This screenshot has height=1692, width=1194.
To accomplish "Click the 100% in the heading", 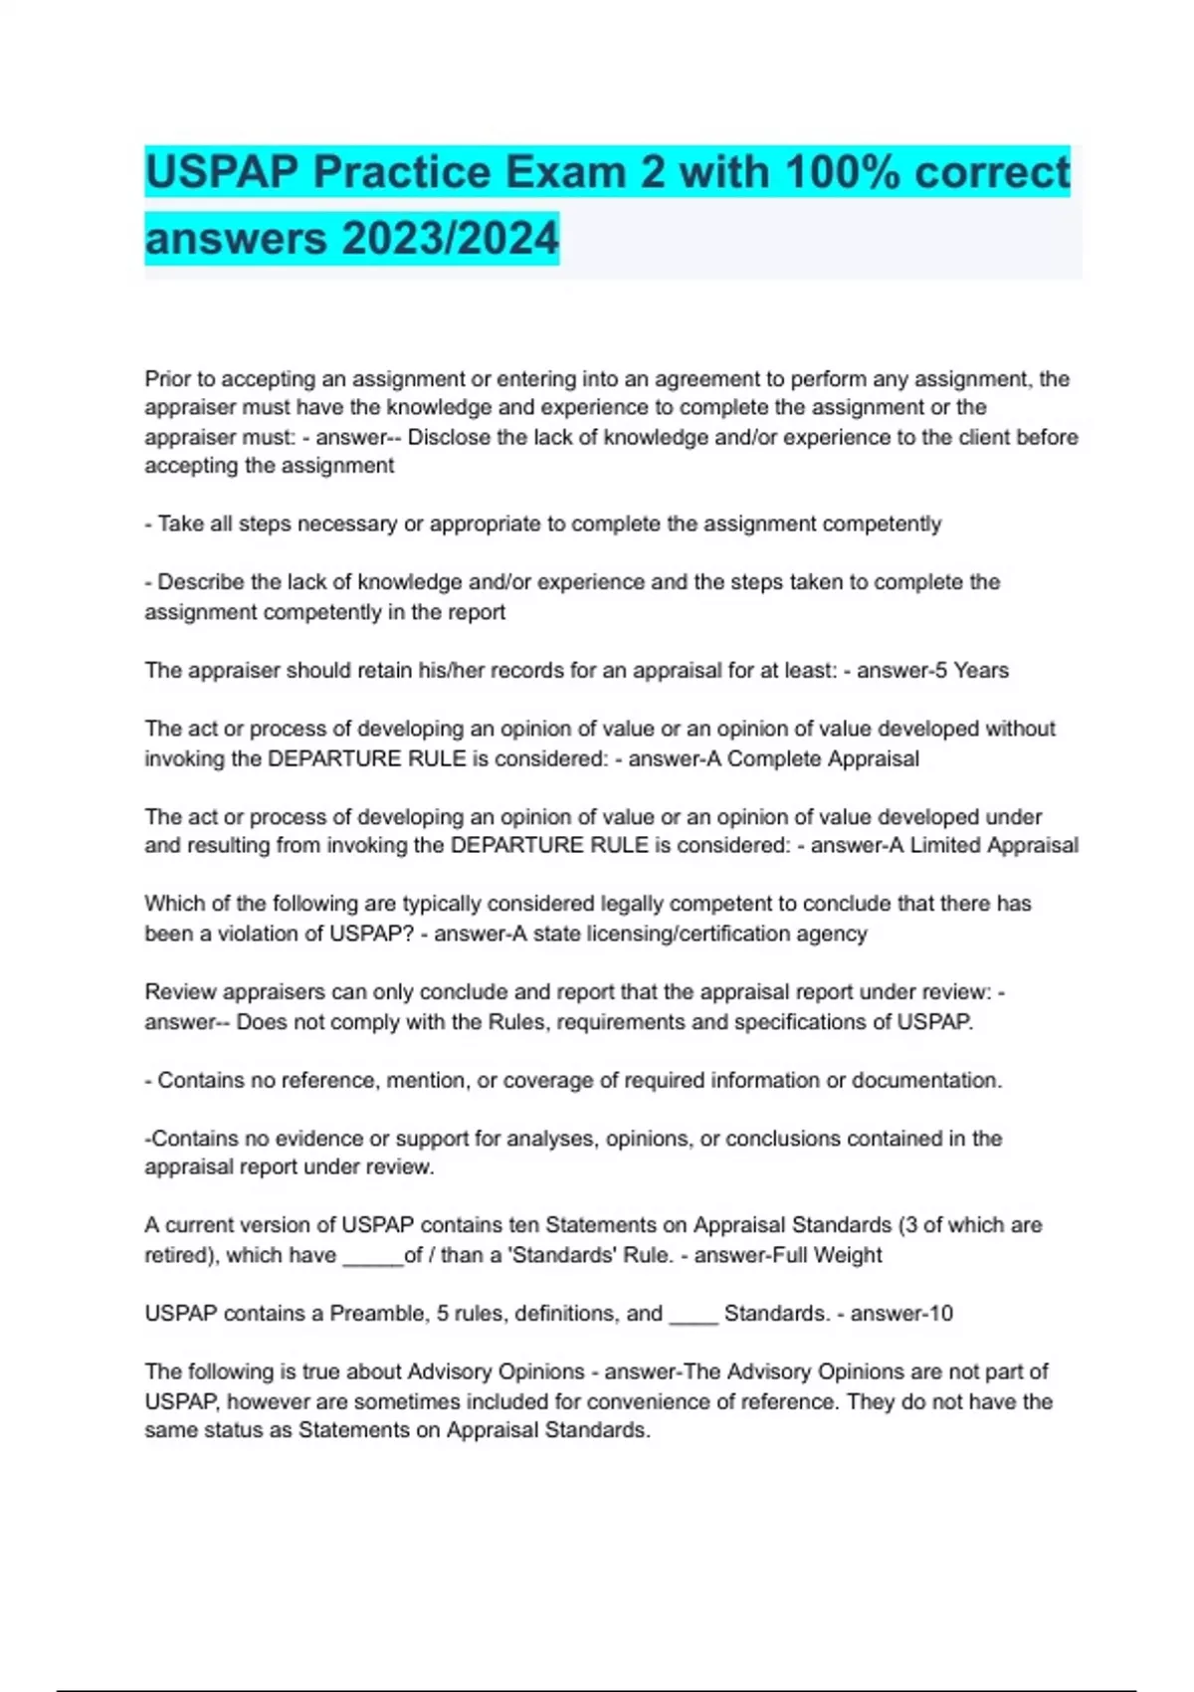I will pyautogui.click(x=843, y=172).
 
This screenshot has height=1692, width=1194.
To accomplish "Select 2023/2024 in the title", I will pyautogui.click(x=450, y=239).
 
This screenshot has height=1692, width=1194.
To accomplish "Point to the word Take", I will pyautogui.click(x=180, y=525).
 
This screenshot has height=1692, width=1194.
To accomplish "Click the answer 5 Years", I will pyautogui.click(x=969, y=671).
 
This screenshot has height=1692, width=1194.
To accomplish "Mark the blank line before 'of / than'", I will pyautogui.click(x=372, y=1256).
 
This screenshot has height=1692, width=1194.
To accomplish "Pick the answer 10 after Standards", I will pyautogui.click(x=940, y=1314).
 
